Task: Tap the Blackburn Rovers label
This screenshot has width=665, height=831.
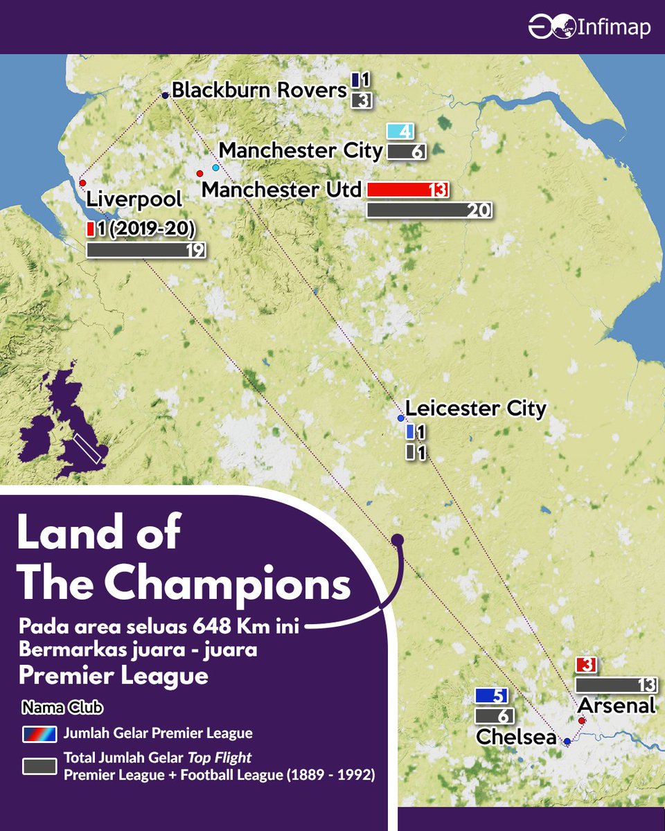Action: click(x=258, y=90)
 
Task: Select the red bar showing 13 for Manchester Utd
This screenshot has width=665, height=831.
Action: click(x=408, y=189)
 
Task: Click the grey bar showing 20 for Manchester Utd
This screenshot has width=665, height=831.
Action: click(x=429, y=211)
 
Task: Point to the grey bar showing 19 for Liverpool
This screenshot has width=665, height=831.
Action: click(x=145, y=250)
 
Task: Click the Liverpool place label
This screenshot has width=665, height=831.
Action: click(x=134, y=199)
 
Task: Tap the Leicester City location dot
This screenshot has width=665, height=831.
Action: click(x=400, y=419)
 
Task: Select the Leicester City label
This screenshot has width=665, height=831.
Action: click(x=475, y=409)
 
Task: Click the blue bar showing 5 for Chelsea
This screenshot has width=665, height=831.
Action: click(x=493, y=695)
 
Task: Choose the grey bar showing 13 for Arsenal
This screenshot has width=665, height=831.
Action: click(x=616, y=685)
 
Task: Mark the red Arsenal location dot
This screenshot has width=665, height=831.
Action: click(x=582, y=720)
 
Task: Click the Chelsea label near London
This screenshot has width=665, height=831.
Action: click(x=516, y=738)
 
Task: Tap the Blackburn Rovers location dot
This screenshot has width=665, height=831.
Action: click(x=165, y=96)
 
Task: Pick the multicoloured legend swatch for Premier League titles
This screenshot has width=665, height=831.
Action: click(x=40, y=734)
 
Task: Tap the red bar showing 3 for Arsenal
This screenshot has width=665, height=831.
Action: click(x=586, y=665)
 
